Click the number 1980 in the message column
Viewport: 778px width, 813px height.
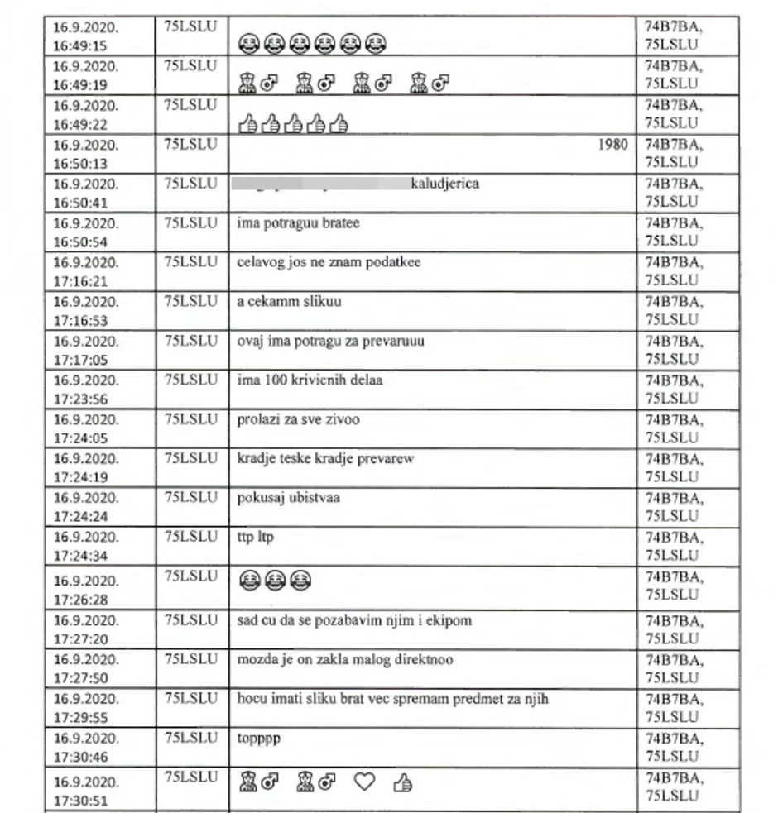click(612, 145)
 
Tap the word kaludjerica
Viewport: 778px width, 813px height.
click(444, 184)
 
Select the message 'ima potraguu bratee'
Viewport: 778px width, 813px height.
click(298, 223)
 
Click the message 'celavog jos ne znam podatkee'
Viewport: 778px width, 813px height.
click(328, 262)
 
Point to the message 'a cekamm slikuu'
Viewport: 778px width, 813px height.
click(288, 302)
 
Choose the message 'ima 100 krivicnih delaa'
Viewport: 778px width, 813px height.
click(310, 380)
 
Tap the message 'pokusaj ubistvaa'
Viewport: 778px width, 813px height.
click(288, 498)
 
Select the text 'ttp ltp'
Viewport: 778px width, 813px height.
click(255, 538)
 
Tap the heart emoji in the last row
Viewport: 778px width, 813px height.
click(364, 782)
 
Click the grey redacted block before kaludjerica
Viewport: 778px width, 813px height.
click(322, 184)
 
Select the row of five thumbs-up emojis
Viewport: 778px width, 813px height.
click(293, 124)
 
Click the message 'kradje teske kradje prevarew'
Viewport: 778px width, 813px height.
click(325, 459)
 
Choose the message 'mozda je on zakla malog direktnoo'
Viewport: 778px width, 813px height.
click(344, 660)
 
